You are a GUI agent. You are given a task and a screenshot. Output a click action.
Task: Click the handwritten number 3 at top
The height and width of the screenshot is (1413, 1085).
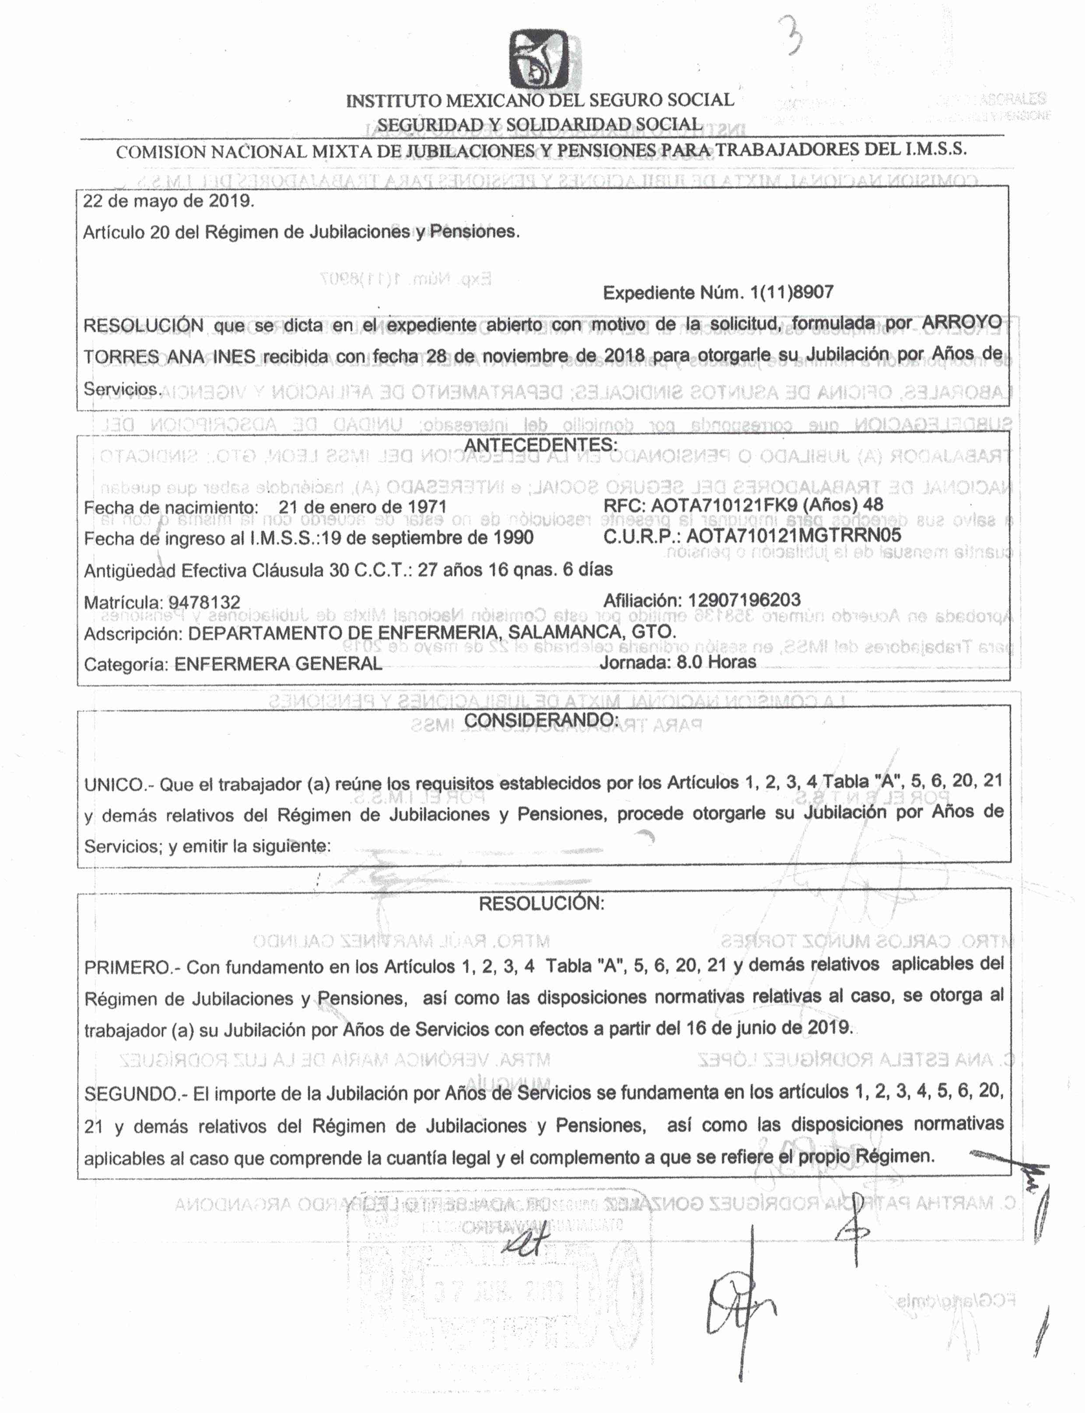792,35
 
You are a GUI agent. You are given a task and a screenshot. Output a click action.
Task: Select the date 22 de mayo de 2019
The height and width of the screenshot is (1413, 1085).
168,201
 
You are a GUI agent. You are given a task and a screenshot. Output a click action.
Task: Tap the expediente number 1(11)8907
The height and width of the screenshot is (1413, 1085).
791,293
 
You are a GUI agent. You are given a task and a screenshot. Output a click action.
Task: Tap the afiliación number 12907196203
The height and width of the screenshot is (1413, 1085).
744,600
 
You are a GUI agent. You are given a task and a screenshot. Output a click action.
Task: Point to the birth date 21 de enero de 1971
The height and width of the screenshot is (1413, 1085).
362,507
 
